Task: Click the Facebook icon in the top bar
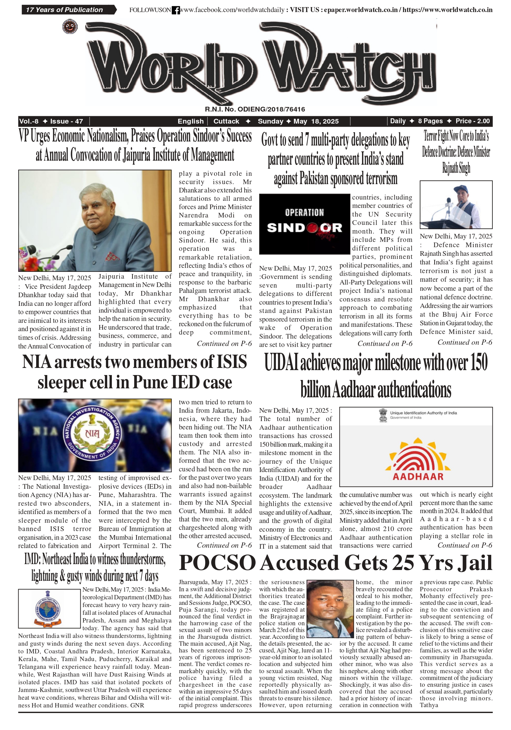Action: [175, 10]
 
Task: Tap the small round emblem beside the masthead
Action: [70, 27]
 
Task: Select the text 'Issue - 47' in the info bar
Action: [66, 121]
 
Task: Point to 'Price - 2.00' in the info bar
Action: [472, 121]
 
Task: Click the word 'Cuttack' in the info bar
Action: [226, 121]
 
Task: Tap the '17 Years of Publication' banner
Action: [65, 10]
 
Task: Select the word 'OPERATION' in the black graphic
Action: [304, 212]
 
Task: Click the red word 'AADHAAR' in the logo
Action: [418, 476]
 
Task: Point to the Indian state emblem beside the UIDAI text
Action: [383, 415]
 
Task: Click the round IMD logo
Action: [47, 609]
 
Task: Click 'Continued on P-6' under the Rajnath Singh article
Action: [465, 342]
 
